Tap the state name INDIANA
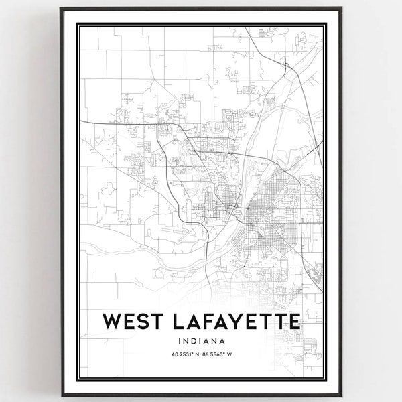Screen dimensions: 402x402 click(x=201, y=340)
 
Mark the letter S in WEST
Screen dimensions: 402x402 click(x=140, y=322)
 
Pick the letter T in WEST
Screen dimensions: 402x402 click(x=154, y=322)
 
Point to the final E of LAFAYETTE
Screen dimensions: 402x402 click(x=293, y=322)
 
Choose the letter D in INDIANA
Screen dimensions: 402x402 click(x=192, y=340)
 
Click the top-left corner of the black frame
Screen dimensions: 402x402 click(x=60, y=8)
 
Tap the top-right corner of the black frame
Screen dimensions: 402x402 click(x=342, y=8)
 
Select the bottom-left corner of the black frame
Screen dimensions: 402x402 click(x=60, y=395)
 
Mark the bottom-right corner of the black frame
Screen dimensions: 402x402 click(x=342, y=395)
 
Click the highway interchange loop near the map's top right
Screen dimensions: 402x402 click(x=286, y=65)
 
